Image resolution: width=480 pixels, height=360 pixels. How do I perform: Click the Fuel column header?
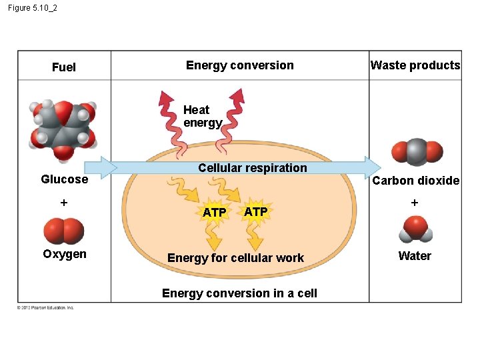coord(64,67)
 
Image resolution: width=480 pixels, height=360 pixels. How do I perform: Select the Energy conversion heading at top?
coord(239,65)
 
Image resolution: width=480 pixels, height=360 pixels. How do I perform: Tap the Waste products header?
coord(415,65)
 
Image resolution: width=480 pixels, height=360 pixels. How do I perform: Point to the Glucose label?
coord(64,179)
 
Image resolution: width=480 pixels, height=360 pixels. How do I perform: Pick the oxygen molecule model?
coord(63,231)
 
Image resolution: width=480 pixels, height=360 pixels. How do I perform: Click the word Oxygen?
coord(64,254)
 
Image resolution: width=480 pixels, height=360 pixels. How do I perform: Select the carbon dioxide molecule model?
coord(415,151)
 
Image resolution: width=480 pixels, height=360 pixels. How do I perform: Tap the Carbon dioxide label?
coord(415,181)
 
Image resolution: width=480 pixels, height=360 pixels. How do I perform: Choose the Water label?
coord(415,256)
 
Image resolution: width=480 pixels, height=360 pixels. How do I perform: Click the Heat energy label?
coord(202,117)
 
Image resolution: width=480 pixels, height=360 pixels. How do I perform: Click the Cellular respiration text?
coord(253,168)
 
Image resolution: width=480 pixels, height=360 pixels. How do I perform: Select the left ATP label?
coord(214,213)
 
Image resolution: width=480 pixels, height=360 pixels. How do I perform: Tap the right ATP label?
coord(256,211)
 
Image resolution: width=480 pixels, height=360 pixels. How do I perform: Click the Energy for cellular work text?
coord(235,258)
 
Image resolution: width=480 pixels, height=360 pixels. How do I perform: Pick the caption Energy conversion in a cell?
coord(239,293)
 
